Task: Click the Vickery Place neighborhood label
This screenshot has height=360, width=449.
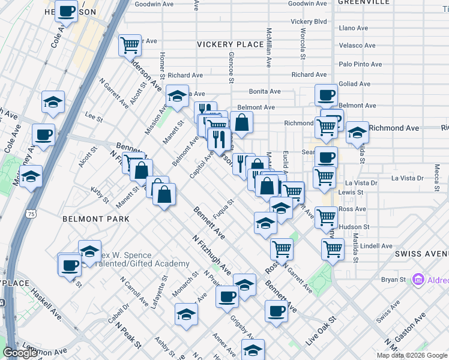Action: [x=231, y=44]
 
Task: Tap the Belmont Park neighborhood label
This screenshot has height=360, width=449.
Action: [x=96, y=220]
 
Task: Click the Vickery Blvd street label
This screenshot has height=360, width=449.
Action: [x=309, y=22]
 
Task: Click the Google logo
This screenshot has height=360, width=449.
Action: [x=20, y=353]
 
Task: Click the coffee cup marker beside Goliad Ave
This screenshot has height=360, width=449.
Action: [x=327, y=95]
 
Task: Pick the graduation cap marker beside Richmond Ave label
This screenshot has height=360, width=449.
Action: [x=357, y=133]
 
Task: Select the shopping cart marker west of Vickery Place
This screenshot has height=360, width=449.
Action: [x=130, y=45]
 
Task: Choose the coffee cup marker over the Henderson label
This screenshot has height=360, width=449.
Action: [x=67, y=11]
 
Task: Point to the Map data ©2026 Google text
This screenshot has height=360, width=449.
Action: [x=411, y=355]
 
